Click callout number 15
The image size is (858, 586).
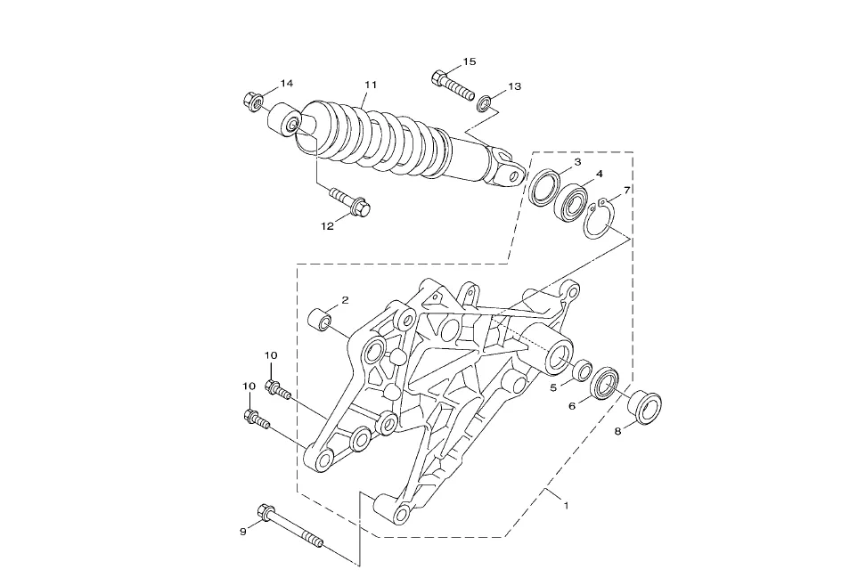coord(470,61)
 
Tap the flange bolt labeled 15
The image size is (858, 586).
coord(454,85)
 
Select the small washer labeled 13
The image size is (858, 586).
coord(484,103)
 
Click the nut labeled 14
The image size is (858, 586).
coord(252,101)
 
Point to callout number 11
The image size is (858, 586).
coord(371,85)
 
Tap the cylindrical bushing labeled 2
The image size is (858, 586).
coord(322,320)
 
